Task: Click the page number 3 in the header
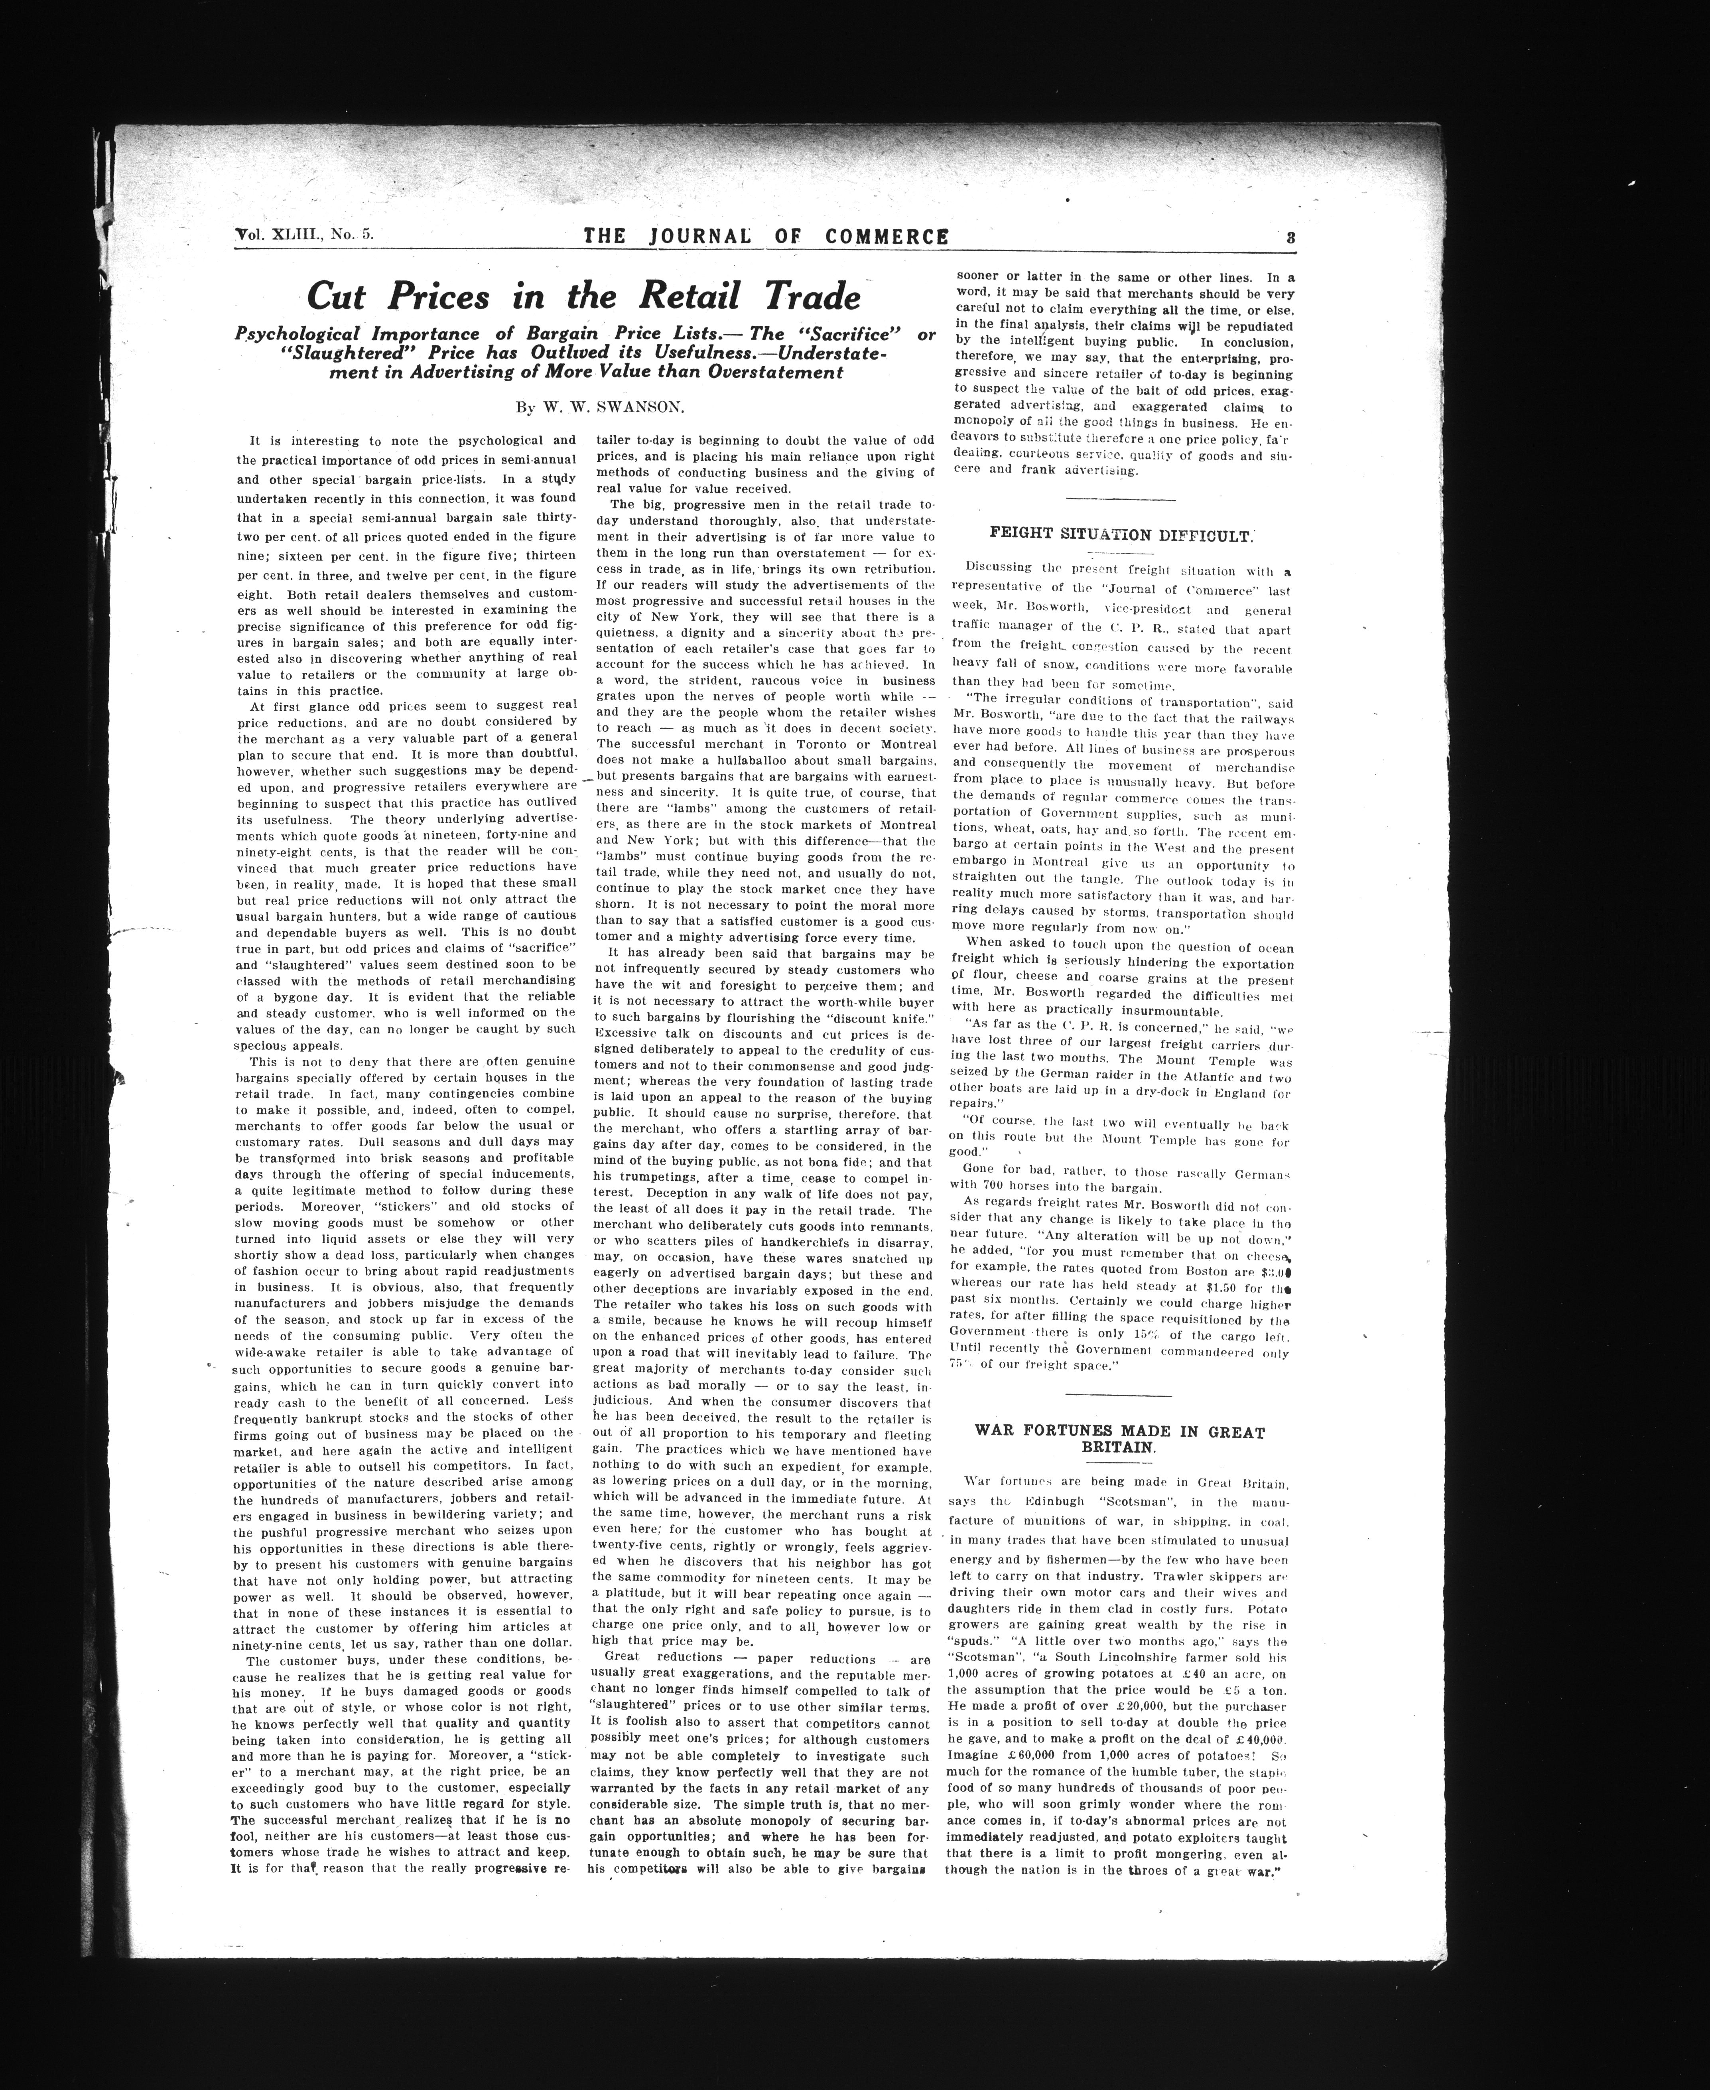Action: (1288, 237)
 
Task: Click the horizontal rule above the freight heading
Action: (1121, 501)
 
